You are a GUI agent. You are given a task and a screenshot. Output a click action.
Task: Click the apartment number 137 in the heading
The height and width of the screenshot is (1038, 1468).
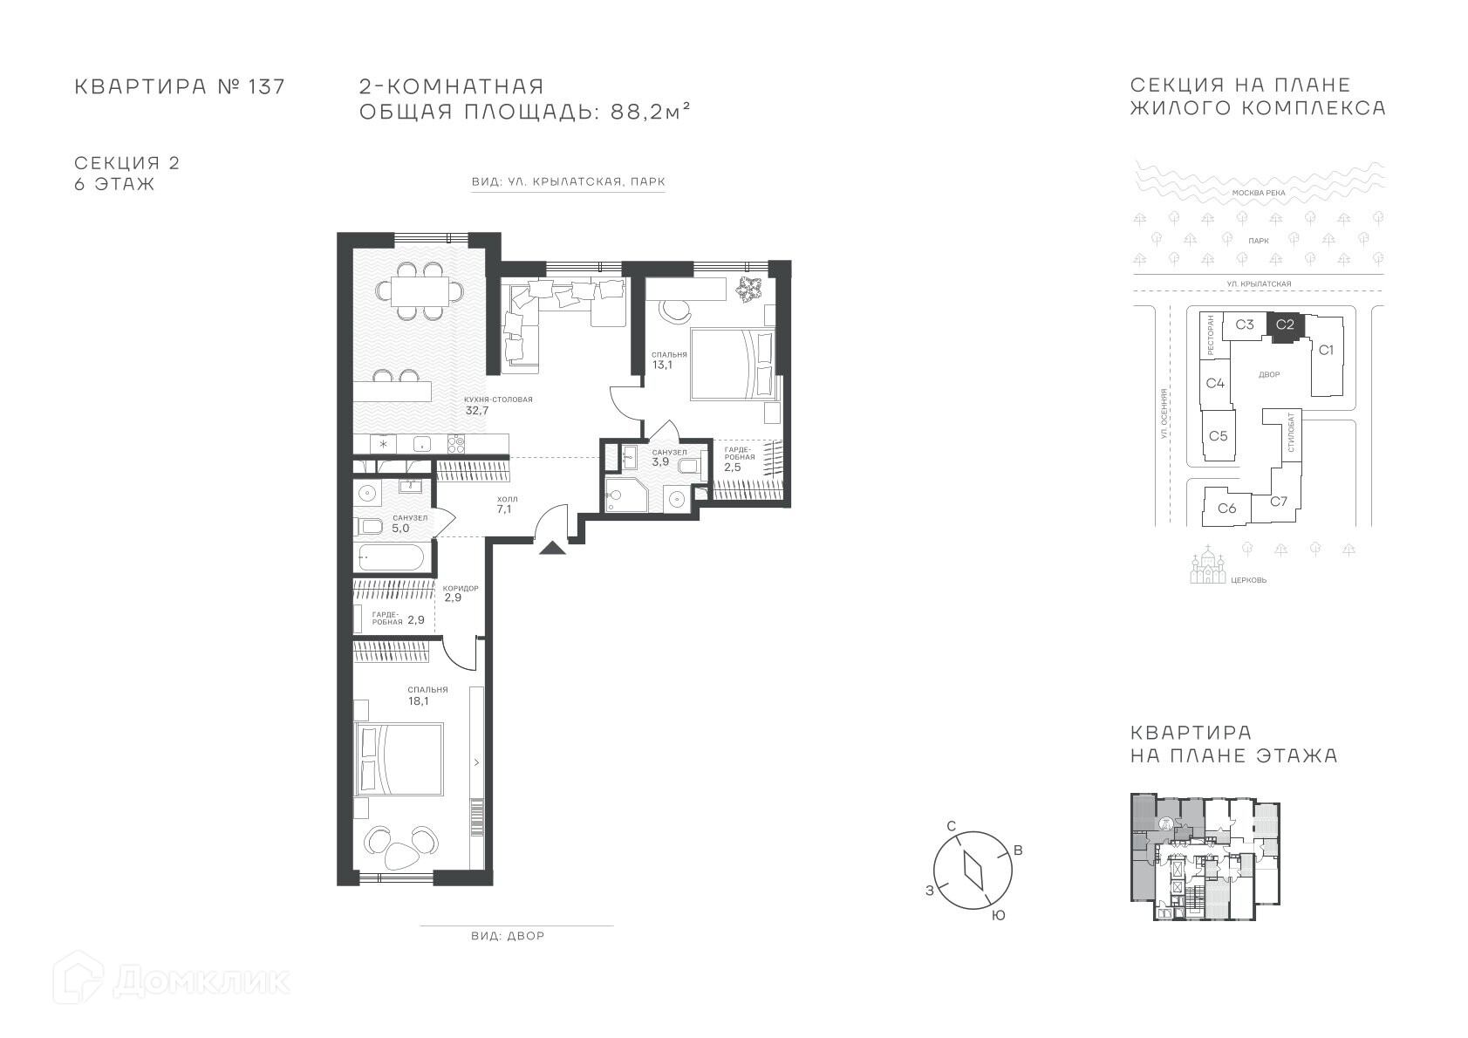tap(266, 86)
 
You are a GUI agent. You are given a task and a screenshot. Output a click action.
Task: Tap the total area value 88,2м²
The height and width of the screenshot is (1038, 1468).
tap(650, 112)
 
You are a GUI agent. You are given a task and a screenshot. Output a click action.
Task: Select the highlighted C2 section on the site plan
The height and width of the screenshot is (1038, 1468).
tap(1285, 326)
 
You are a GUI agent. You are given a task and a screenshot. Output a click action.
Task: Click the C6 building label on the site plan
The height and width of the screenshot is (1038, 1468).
tap(1227, 508)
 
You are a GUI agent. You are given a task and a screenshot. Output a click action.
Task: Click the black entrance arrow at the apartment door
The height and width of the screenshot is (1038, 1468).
tap(552, 548)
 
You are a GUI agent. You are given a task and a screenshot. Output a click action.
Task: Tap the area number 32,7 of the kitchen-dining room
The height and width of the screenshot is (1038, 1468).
tap(477, 411)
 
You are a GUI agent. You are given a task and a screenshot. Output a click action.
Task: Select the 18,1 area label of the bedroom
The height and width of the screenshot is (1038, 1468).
tap(418, 701)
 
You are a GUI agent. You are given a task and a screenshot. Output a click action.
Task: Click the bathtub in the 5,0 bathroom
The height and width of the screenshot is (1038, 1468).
tap(393, 557)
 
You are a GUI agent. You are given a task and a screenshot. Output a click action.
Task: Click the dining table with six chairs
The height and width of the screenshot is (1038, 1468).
tap(420, 291)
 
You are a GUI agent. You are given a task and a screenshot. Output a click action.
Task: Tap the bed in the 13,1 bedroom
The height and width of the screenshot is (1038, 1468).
tap(733, 364)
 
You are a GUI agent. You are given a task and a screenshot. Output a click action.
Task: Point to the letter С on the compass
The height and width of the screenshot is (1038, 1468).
tap(952, 826)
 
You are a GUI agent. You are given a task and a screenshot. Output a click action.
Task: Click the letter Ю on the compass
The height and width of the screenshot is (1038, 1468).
tap(998, 916)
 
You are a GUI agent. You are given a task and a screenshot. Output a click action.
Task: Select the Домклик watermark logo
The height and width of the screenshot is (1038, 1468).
tap(171, 981)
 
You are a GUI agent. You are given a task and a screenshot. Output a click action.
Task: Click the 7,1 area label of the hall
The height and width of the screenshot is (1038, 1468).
tap(504, 509)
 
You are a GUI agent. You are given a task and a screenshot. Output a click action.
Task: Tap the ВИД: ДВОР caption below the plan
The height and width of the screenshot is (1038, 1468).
tap(508, 936)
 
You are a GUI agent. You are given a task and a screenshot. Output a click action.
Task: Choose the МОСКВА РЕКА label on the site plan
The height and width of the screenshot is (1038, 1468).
tap(1259, 193)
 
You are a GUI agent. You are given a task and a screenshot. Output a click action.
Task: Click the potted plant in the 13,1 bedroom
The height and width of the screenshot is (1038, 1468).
tap(748, 289)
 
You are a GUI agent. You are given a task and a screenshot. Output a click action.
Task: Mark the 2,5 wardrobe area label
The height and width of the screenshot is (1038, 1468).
tap(732, 468)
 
